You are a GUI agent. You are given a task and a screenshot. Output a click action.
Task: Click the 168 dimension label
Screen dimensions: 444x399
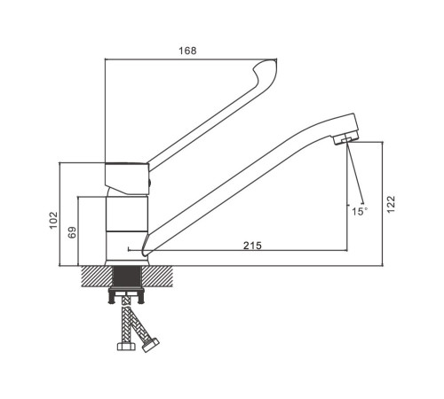coord(187,51)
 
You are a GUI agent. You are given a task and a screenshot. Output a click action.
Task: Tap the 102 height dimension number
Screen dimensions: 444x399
coord(53,220)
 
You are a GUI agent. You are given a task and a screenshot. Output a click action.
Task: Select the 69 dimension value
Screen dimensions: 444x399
coord(72,232)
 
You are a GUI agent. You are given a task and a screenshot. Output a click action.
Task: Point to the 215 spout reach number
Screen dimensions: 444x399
coord(252,246)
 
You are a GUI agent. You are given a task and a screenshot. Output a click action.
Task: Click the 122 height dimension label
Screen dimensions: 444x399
coord(391,204)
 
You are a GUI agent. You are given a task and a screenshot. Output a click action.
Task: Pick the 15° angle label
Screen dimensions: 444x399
coord(360,211)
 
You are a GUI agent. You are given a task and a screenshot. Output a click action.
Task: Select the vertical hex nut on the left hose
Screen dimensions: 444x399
coord(126,346)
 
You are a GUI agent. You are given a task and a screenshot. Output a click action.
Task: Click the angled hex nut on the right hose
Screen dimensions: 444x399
coord(151,345)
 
